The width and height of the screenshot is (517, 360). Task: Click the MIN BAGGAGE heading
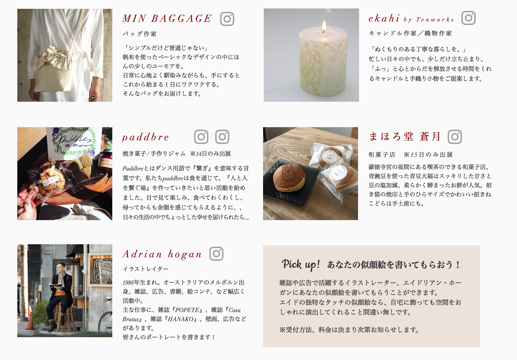[167, 19]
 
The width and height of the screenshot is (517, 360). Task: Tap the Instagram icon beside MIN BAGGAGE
[227, 19]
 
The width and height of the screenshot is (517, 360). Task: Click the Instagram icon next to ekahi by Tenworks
[468, 18]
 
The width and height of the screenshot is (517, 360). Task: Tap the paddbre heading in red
[146, 137]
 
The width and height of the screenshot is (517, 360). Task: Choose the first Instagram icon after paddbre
[201, 137]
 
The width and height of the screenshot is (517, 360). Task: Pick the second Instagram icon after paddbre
[222, 137]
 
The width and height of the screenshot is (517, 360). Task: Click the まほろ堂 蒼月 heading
[405, 136]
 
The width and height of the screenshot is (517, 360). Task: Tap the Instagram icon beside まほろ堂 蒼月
[455, 137]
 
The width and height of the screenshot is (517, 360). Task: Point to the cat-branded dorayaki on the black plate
[289, 178]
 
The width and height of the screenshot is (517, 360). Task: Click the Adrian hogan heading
[162, 254]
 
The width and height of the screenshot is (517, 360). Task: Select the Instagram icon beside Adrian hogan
[216, 254]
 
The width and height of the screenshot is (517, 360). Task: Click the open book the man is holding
[55, 286]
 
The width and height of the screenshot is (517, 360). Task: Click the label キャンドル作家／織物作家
[410, 33]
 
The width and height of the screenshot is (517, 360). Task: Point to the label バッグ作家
[140, 34]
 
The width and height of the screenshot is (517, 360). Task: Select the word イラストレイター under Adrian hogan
[146, 269]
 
